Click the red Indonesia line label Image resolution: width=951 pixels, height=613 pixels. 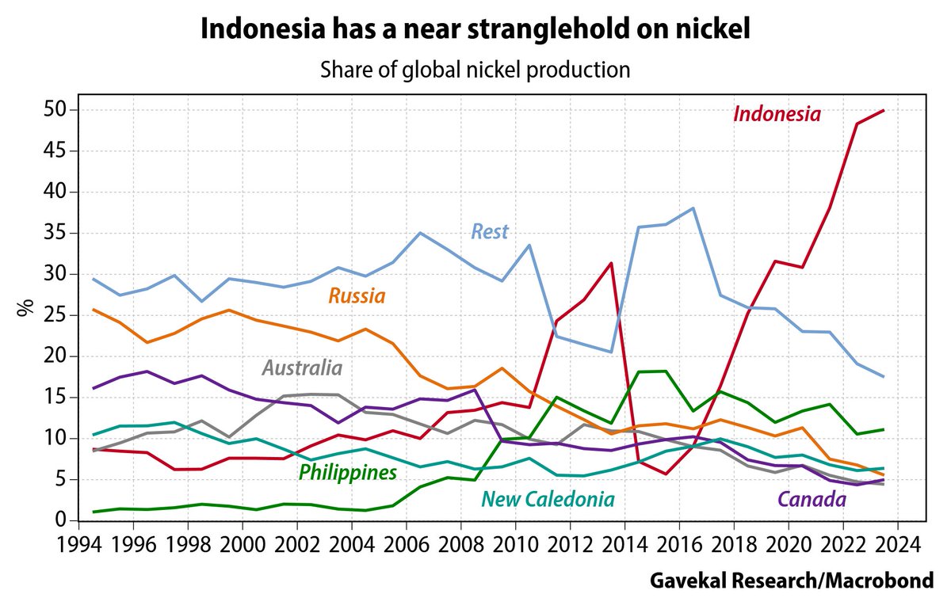[x=777, y=114]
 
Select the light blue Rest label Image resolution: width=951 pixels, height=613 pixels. [x=490, y=232]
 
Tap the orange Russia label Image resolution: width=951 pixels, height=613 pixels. [x=357, y=297]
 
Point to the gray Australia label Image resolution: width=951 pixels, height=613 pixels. [x=302, y=368]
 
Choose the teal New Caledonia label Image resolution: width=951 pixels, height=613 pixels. [x=548, y=499]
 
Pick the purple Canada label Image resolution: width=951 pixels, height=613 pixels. [x=812, y=499]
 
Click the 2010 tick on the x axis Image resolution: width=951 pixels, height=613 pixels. [x=515, y=546]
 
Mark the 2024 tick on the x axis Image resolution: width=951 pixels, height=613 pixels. [x=897, y=546]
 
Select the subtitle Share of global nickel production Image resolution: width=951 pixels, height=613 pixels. [x=475, y=70]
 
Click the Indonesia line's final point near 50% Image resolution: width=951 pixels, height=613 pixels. [x=884, y=110]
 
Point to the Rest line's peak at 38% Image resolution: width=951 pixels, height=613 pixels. [x=693, y=208]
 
